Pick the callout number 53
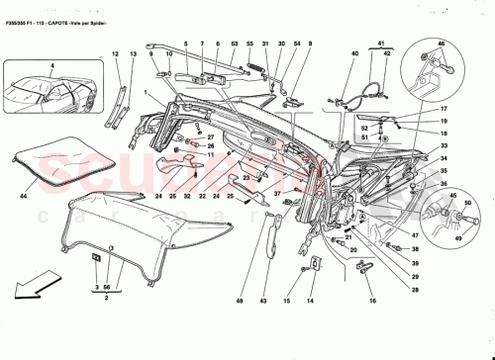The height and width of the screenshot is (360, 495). (234, 45)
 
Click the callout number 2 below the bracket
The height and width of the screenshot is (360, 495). (104, 296)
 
